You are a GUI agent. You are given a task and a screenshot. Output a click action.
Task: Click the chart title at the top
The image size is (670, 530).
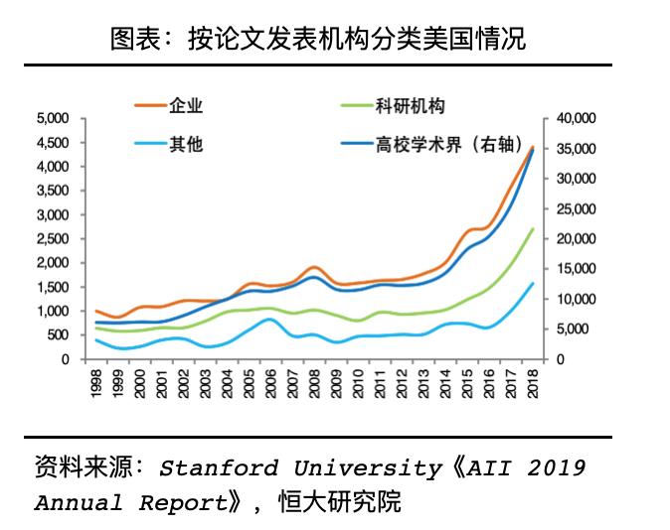(318, 39)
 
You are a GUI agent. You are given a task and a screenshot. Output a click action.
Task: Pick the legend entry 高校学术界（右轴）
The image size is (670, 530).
(448, 144)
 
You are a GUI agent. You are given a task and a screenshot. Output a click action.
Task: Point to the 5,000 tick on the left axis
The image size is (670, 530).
(53, 118)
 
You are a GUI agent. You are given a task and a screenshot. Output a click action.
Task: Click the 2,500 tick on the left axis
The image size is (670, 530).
(53, 239)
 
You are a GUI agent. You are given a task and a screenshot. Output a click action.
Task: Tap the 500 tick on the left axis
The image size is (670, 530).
(59, 335)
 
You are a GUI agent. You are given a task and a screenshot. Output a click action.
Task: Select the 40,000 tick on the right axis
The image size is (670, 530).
(576, 118)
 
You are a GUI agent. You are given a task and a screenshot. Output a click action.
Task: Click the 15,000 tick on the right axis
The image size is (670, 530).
(576, 269)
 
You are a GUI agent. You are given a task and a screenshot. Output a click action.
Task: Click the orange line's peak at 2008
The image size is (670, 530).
(315, 267)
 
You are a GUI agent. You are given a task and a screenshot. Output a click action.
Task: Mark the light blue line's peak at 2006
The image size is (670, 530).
(271, 319)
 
